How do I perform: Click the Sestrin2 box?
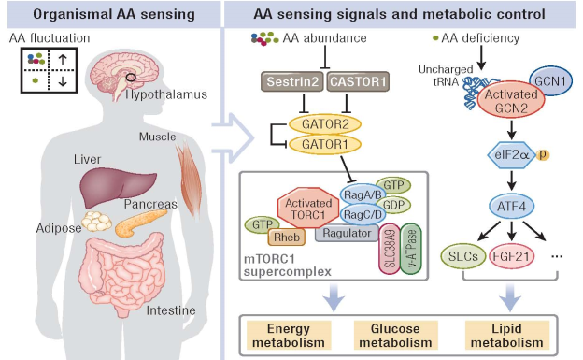[291, 81]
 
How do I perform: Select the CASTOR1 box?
[358, 81]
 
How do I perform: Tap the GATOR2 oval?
[325, 124]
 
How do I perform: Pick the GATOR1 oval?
[325, 144]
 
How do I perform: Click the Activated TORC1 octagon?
[308, 209]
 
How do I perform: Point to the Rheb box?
[286, 237]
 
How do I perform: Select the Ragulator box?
[347, 233]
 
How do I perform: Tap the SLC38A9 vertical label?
[390, 249]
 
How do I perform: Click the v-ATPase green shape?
[411, 249]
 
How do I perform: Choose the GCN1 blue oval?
[550, 81]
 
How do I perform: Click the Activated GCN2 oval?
[511, 100]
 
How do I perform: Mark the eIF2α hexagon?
[511, 155]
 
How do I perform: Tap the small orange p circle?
[543, 155]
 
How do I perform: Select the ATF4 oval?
[512, 207]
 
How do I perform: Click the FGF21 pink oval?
[511, 256]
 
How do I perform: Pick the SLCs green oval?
[463, 256]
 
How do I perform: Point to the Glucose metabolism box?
[395, 335]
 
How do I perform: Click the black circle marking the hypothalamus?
[131, 78]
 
